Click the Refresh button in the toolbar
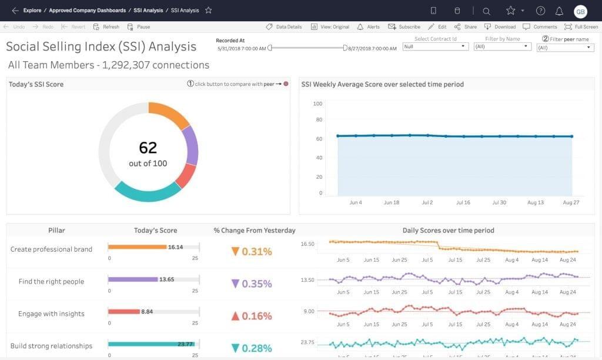(x=106, y=27)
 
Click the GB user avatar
(x=580, y=11)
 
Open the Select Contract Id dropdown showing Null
(x=435, y=46)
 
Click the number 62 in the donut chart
(x=148, y=148)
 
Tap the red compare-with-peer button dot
(x=286, y=84)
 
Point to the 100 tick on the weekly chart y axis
(x=317, y=104)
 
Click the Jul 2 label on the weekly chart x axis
(x=427, y=202)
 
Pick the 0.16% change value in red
(x=252, y=316)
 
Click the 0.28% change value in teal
(x=252, y=348)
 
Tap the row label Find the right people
(x=51, y=282)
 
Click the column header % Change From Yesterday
(x=255, y=231)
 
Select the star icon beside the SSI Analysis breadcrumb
(x=208, y=11)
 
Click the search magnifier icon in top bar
(x=486, y=11)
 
